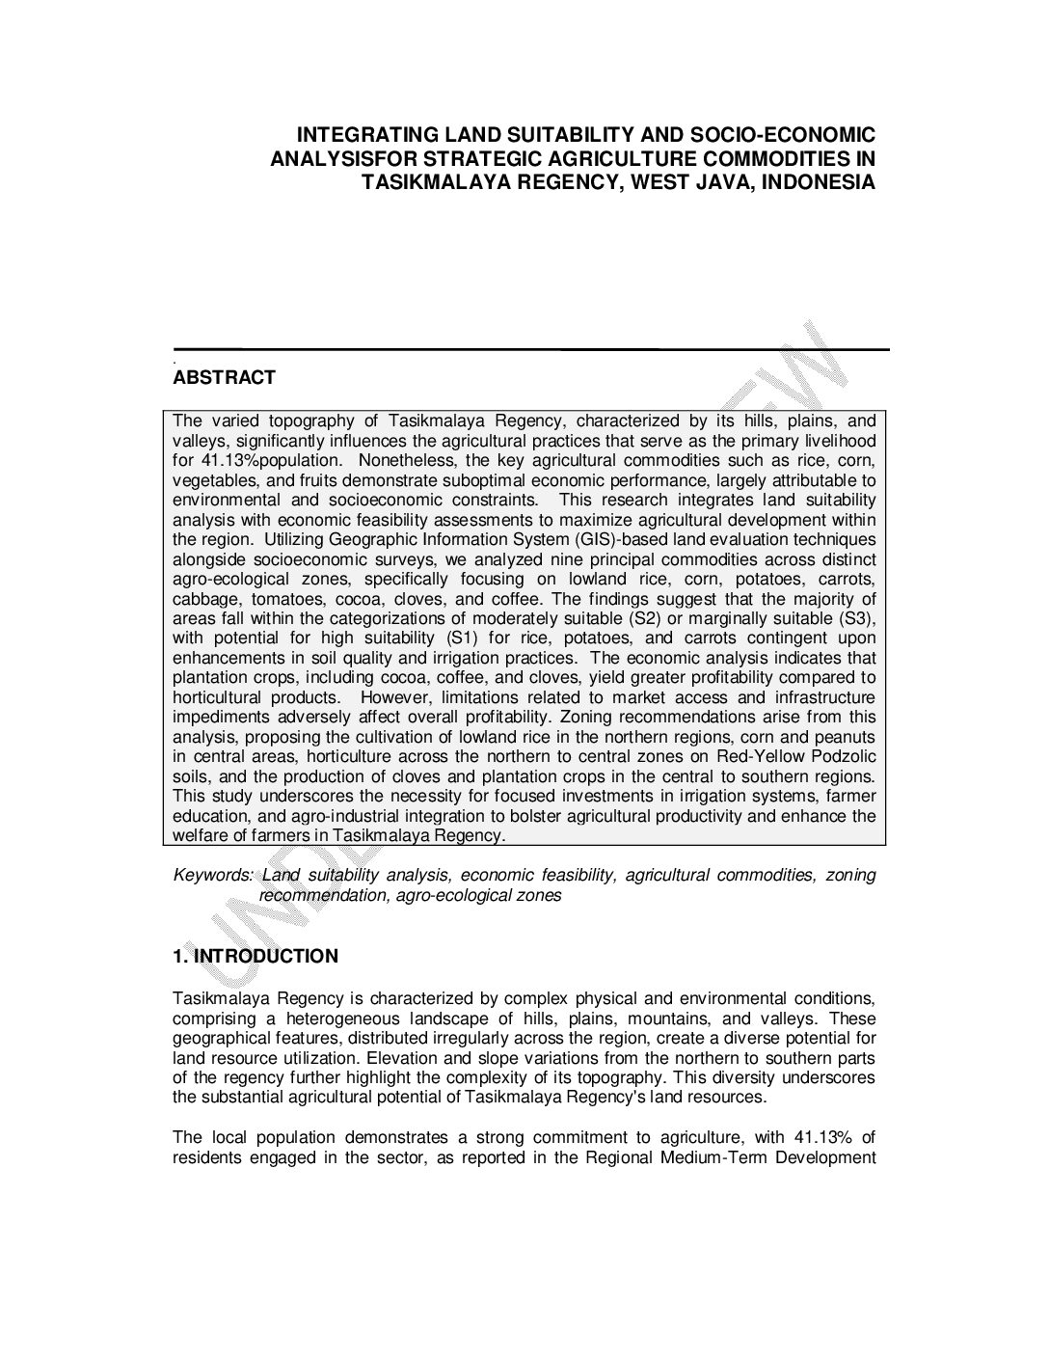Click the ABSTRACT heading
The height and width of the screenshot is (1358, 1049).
coord(224,378)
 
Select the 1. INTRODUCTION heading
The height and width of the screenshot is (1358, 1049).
coord(256,957)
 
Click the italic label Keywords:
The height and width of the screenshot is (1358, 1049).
coord(212,876)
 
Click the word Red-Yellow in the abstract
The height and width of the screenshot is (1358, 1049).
coord(756,756)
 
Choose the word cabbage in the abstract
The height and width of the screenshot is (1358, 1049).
coord(199,598)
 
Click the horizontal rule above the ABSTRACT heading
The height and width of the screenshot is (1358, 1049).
coord(530,349)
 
